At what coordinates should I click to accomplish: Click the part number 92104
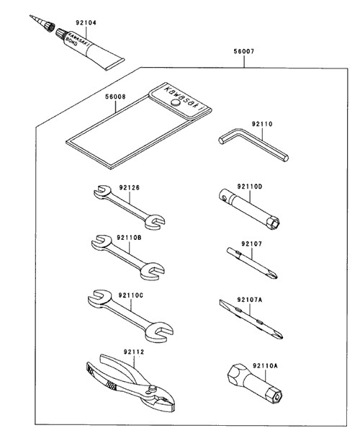coord(86,22)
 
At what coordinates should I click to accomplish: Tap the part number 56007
coord(244,51)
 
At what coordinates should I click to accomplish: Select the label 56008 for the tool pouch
coord(115,97)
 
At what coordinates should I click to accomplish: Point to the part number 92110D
coord(250,187)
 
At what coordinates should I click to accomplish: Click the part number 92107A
coord(250,300)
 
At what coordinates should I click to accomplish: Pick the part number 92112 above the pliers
coord(134,352)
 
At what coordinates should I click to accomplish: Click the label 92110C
coord(131,295)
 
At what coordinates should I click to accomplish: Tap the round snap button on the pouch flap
coord(176,103)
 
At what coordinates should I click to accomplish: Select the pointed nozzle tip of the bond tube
coord(30,16)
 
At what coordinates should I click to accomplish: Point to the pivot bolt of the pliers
coord(153,388)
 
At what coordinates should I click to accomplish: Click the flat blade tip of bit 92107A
coord(222,303)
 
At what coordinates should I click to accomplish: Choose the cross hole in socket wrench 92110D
coord(223,196)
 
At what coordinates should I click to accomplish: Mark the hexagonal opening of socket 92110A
coord(276,397)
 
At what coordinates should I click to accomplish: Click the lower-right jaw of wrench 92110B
coord(153,272)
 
